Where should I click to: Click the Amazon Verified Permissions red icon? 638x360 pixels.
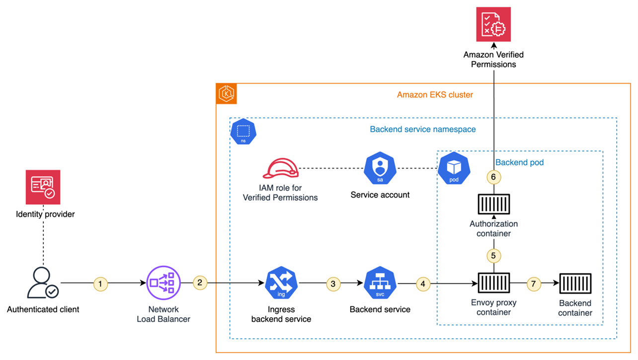click(493, 24)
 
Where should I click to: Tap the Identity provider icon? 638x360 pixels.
click(43, 187)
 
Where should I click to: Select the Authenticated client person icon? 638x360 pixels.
click(43, 283)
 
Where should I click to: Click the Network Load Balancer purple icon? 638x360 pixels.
click(163, 283)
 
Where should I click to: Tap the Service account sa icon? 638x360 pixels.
click(380, 169)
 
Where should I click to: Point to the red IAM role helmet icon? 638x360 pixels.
click(280, 169)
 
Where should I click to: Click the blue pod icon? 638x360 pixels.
click(454, 169)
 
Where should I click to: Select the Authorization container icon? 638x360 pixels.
click(493, 203)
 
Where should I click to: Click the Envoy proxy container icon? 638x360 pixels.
click(493, 283)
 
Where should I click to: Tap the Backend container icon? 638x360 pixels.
click(575, 283)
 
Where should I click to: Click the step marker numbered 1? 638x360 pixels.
click(101, 284)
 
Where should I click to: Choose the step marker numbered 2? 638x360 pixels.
click(200, 282)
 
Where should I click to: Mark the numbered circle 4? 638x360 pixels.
click(423, 284)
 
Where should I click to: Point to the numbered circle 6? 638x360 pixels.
click(493, 177)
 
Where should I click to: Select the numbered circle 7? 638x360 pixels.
click(534, 284)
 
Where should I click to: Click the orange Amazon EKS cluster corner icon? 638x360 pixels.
click(226, 94)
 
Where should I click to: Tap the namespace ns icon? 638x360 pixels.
click(243, 132)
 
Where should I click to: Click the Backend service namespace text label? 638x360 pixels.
click(422, 129)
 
